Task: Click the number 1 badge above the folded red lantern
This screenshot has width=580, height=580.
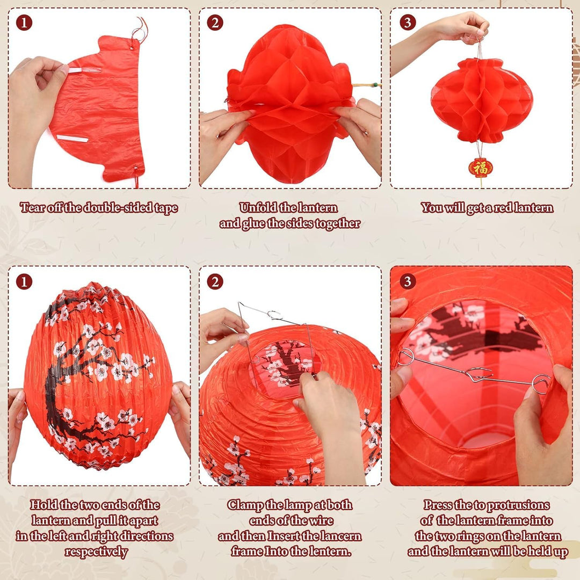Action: tap(24, 23)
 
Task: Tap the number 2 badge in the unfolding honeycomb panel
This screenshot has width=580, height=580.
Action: tap(215, 23)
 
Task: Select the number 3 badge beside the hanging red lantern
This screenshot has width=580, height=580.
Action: tap(408, 23)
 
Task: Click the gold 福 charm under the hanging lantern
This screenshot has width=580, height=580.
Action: tap(481, 168)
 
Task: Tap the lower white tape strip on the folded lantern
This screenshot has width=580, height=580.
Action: tap(73, 139)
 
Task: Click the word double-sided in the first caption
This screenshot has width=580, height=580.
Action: tap(119, 208)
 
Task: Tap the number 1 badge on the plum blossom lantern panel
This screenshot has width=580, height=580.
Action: tap(24, 281)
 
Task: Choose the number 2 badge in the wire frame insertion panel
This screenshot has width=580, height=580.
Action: tap(215, 281)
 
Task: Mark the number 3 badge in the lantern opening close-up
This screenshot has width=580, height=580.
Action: tap(408, 281)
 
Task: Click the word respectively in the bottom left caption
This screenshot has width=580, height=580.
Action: tap(97, 552)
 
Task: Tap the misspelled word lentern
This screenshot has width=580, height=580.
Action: tap(331, 552)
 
